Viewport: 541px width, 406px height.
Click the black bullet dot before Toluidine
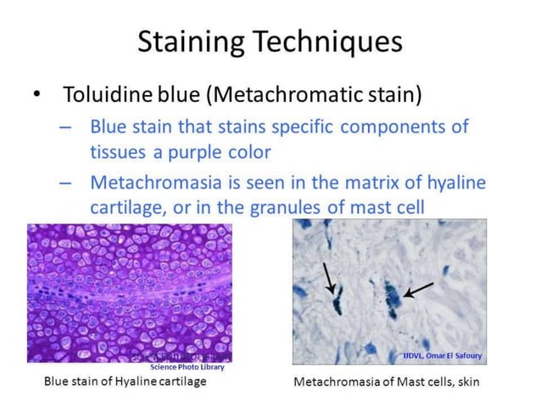click(36, 93)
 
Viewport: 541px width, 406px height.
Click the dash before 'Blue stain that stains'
click(66, 127)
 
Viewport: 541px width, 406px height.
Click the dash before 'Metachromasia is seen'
click(66, 182)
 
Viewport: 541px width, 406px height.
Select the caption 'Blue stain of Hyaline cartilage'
click(125, 381)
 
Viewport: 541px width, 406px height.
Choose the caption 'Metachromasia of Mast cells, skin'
click(386, 382)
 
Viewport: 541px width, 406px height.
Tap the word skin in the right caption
click(466, 382)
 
